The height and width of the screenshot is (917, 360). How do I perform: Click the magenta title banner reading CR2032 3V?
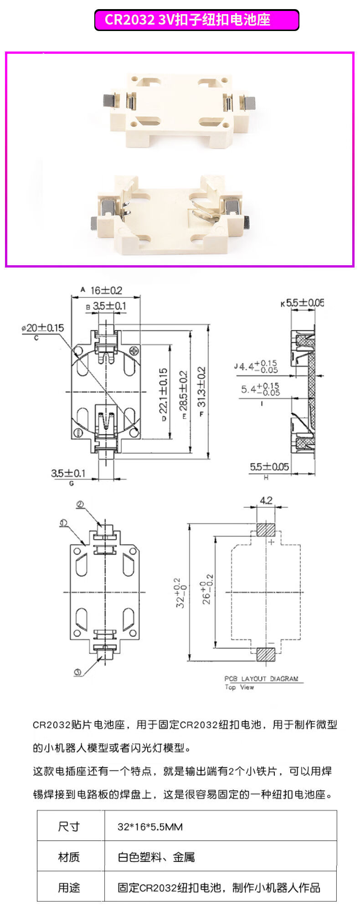pyautogui.click(x=196, y=20)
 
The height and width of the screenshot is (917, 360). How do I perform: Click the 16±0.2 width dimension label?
pyautogui.click(x=106, y=290)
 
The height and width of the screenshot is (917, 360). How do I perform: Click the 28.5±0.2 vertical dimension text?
pyautogui.click(x=183, y=391)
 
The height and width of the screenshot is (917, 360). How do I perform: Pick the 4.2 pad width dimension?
pyautogui.click(x=266, y=500)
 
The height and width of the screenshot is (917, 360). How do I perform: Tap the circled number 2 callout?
pyautogui.click(x=80, y=505)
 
